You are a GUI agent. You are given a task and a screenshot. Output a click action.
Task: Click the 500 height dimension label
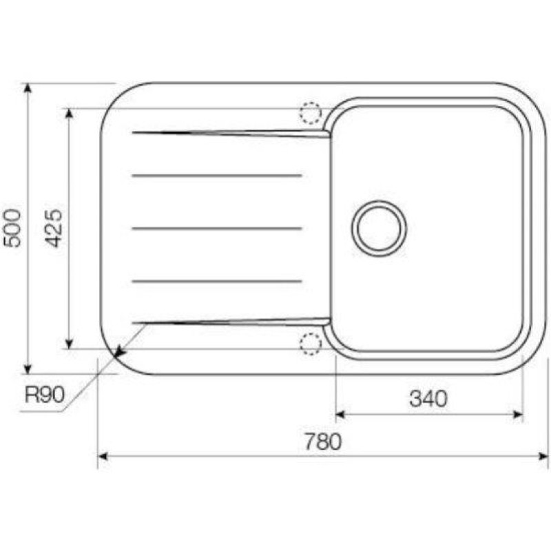click(x=12, y=228)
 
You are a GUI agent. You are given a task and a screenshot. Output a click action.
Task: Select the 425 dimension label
click(x=54, y=228)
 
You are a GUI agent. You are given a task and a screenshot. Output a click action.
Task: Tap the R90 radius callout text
click(x=45, y=395)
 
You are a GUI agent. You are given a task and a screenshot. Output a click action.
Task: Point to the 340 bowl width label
click(x=428, y=399)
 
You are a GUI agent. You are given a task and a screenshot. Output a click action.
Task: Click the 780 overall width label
click(x=322, y=441)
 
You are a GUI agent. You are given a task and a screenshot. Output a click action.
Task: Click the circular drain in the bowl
click(x=380, y=229)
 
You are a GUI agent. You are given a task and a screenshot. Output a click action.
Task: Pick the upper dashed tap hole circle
click(x=311, y=113)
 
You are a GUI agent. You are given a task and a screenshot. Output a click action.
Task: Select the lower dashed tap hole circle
click(x=311, y=343)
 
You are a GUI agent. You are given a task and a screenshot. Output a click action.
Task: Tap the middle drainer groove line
click(x=217, y=229)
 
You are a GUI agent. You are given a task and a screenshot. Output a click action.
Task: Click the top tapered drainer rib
click(x=231, y=134)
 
